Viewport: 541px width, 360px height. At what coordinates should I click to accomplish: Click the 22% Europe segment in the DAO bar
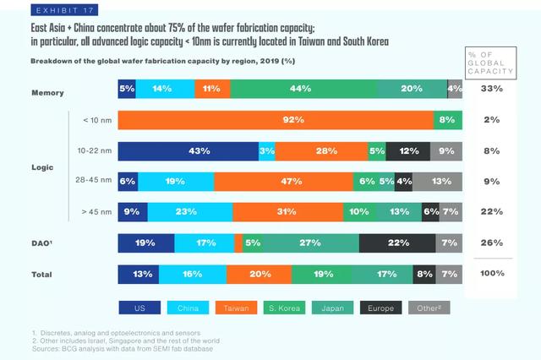coord(397,243)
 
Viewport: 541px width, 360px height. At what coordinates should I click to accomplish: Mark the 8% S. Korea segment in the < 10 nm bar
coord(448,121)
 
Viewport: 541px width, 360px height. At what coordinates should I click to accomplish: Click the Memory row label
coord(47,92)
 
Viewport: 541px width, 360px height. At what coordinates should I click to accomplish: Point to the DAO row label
coord(43,243)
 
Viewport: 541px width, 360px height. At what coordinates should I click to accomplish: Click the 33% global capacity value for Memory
coord(492,89)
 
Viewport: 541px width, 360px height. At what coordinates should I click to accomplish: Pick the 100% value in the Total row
coord(492,274)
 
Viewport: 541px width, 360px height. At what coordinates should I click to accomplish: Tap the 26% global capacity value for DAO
coord(492,243)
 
